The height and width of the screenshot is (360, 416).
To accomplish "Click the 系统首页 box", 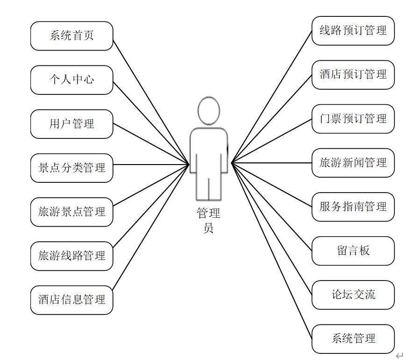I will pos(72,36).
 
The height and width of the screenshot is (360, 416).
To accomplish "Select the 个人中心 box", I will pos(72,79).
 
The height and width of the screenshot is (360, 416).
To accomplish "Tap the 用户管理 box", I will pos(72,124).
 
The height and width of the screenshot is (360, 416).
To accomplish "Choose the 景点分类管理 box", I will pos(72,168).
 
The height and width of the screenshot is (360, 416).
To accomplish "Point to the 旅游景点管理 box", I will pos(72,212).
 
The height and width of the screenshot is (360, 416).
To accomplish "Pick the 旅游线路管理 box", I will pos(72,256).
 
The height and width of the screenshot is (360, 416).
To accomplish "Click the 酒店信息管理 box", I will pos(72,300).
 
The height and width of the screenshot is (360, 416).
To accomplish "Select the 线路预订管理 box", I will pos(353,31).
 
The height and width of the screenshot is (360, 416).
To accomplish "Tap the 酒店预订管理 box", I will pos(353,75).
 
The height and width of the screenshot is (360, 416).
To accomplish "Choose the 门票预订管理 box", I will pos(353,119).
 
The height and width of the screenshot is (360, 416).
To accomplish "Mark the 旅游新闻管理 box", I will pos(353,163).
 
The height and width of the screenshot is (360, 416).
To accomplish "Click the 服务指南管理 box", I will pos(353,207).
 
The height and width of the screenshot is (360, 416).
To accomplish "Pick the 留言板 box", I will pos(353,251).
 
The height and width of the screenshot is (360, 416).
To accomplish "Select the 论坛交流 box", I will pos(353,295).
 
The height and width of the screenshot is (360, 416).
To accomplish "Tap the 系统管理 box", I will pos(353,338).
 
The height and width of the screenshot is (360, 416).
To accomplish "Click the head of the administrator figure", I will pos(208,111).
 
